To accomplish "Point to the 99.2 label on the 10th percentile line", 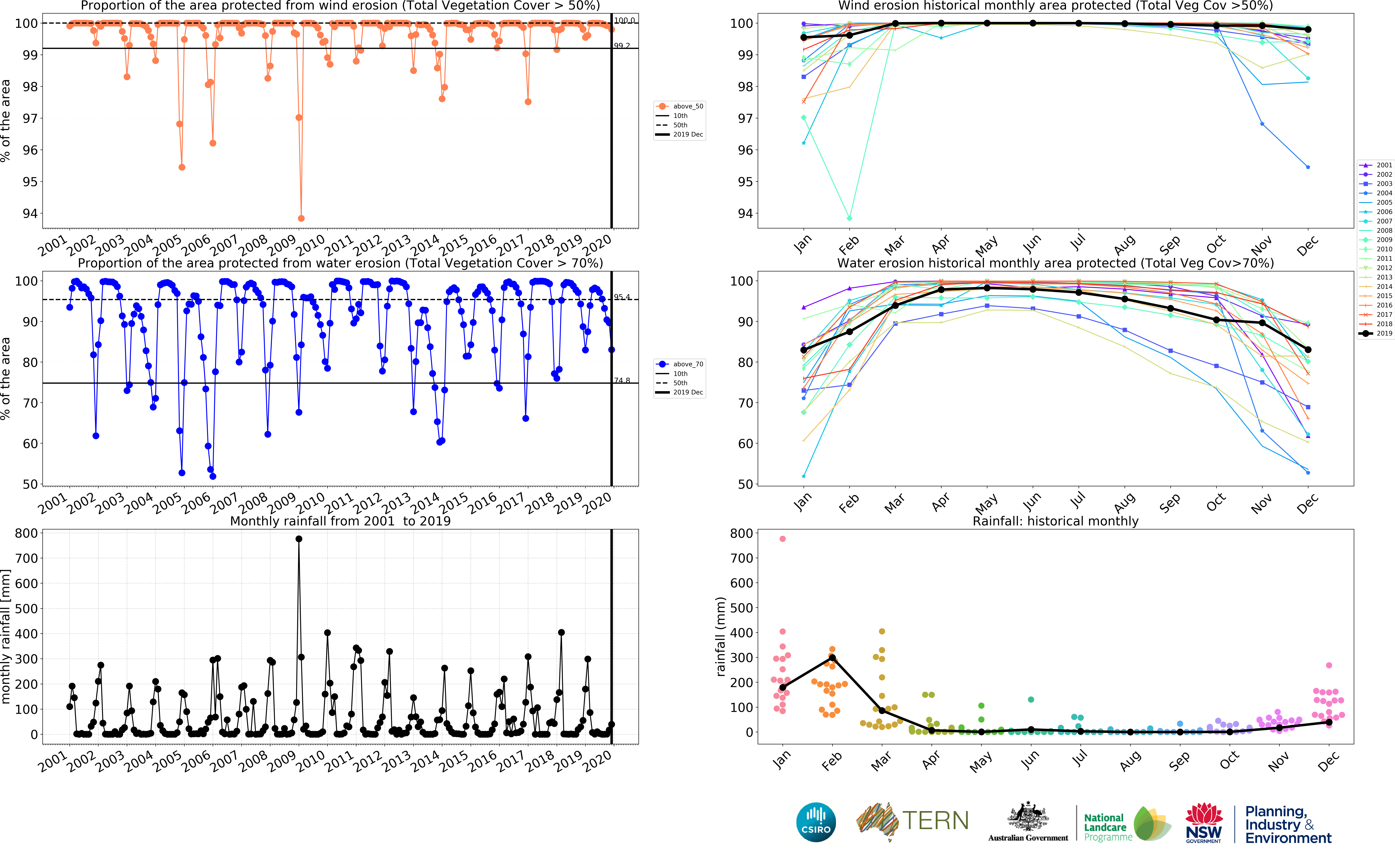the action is pos(622,46).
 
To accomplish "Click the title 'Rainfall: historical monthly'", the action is pos(1056,521).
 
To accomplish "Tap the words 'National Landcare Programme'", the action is pos(1107,827).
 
